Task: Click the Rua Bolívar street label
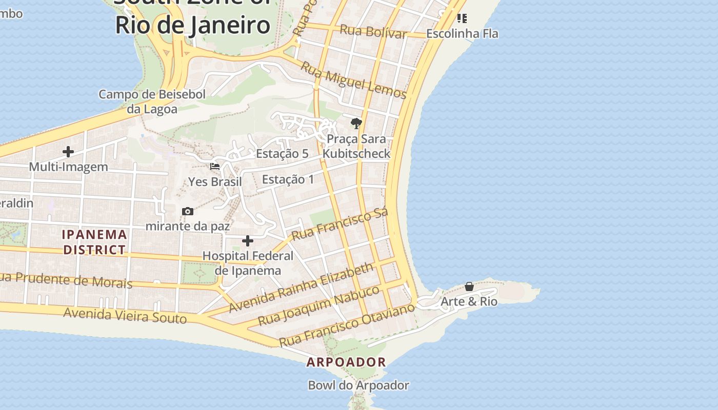click(x=373, y=32)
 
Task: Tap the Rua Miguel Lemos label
click(x=353, y=80)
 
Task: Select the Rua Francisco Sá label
click(x=340, y=224)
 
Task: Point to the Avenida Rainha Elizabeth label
click(x=302, y=287)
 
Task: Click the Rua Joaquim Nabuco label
click(x=319, y=305)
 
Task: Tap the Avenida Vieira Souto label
click(x=125, y=315)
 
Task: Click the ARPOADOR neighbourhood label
click(x=346, y=362)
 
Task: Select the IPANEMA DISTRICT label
click(x=94, y=242)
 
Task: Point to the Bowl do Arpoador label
click(x=358, y=385)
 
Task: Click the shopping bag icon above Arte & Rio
click(x=469, y=286)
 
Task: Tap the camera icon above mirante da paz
click(x=188, y=211)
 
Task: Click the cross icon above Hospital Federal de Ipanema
click(x=248, y=241)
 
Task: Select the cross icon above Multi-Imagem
click(x=68, y=152)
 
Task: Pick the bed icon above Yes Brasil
click(x=215, y=167)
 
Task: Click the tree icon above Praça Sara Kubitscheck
click(x=356, y=124)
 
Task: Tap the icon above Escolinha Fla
click(x=462, y=19)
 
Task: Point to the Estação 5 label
click(x=282, y=154)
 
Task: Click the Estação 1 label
click(x=288, y=179)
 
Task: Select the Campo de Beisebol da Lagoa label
click(x=152, y=101)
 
